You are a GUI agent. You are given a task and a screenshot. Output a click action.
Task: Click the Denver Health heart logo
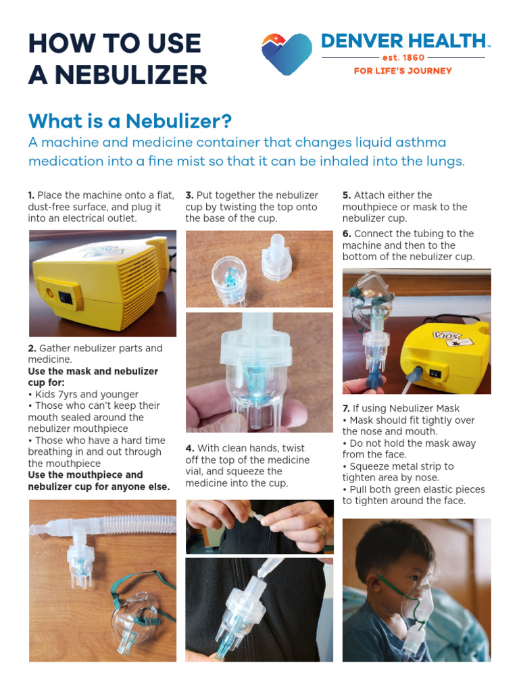287,54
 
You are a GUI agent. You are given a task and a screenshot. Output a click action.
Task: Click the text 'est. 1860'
403,58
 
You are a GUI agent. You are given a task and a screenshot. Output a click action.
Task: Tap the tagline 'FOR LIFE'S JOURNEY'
403,71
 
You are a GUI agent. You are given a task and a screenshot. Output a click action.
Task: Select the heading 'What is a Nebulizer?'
130,122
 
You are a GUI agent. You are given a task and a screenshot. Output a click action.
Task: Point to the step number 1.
31,195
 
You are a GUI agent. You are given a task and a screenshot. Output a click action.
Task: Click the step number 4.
189,448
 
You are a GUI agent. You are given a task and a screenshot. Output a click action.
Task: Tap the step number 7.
346,408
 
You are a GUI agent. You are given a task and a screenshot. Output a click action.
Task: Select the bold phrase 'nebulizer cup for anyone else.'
99,487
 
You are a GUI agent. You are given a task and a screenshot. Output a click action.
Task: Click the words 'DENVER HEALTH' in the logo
403,41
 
